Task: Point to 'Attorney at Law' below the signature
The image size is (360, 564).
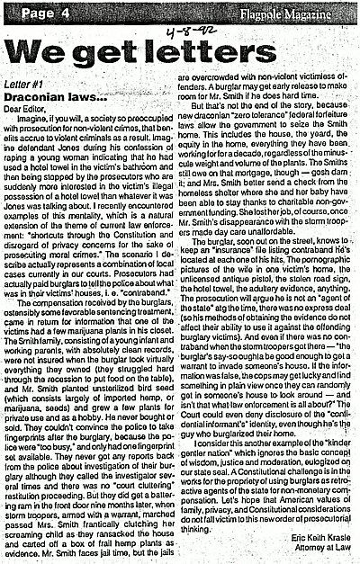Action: click(x=320, y=547)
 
